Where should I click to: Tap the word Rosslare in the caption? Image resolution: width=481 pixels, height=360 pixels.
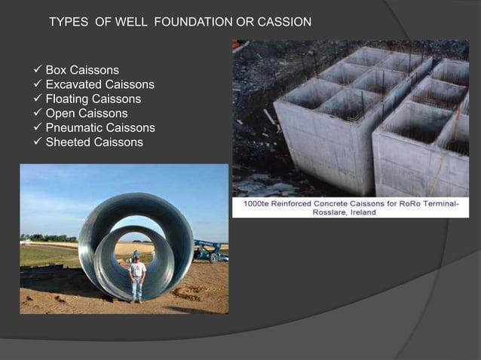tap(333, 213)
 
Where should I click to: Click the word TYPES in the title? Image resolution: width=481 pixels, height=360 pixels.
tap(69, 22)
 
